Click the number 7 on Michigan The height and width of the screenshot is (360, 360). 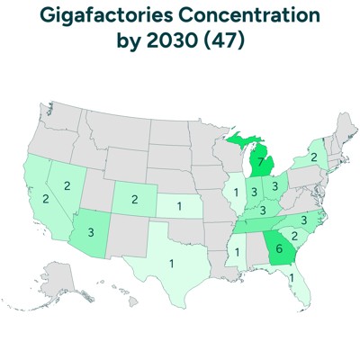[260, 162]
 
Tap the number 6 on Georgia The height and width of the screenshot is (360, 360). [280, 249]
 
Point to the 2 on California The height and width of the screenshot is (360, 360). [44, 198]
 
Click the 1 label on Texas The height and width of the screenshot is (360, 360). [171, 264]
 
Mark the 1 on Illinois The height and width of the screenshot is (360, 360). [236, 191]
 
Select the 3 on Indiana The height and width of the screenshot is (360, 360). [255, 192]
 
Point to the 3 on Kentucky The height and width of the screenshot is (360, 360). [264, 210]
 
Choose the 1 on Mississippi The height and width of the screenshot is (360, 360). [237, 252]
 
